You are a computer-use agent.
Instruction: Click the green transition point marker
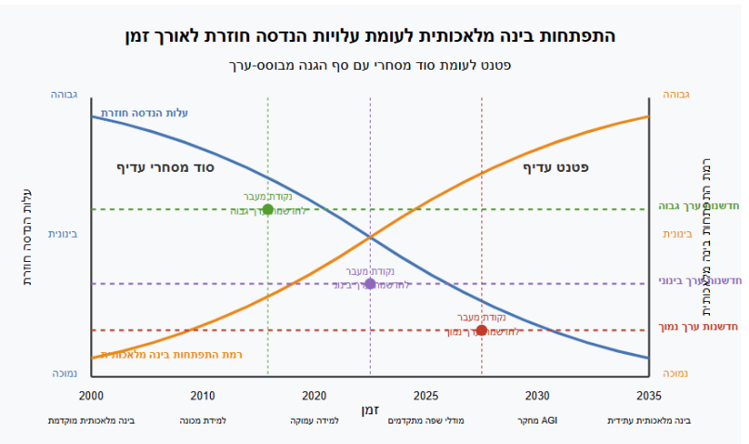click(x=268, y=209)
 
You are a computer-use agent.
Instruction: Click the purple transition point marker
click(x=370, y=283)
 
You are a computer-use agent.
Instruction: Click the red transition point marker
click(x=481, y=330)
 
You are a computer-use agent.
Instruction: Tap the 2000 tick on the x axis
click(x=92, y=396)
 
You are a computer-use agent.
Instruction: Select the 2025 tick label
click(x=426, y=396)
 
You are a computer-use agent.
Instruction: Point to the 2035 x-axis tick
click(x=649, y=396)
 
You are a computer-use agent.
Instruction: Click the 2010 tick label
click(x=203, y=396)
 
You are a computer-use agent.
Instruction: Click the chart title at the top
click(x=370, y=36)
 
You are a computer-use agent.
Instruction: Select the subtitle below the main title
click(x=370, y=65)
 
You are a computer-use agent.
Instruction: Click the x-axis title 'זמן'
click(x=370, y=410)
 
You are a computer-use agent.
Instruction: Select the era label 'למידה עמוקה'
click(x=314, y=421)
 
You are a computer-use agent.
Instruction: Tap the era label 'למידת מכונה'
click(x=203, y=421)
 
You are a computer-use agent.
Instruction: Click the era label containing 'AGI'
click(x=537, y=421)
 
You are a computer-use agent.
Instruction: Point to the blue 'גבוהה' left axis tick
click(x=63, y=95)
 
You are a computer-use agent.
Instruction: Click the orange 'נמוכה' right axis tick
click(x=676, y=373)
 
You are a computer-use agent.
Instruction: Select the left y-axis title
click(x=27, y=234)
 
